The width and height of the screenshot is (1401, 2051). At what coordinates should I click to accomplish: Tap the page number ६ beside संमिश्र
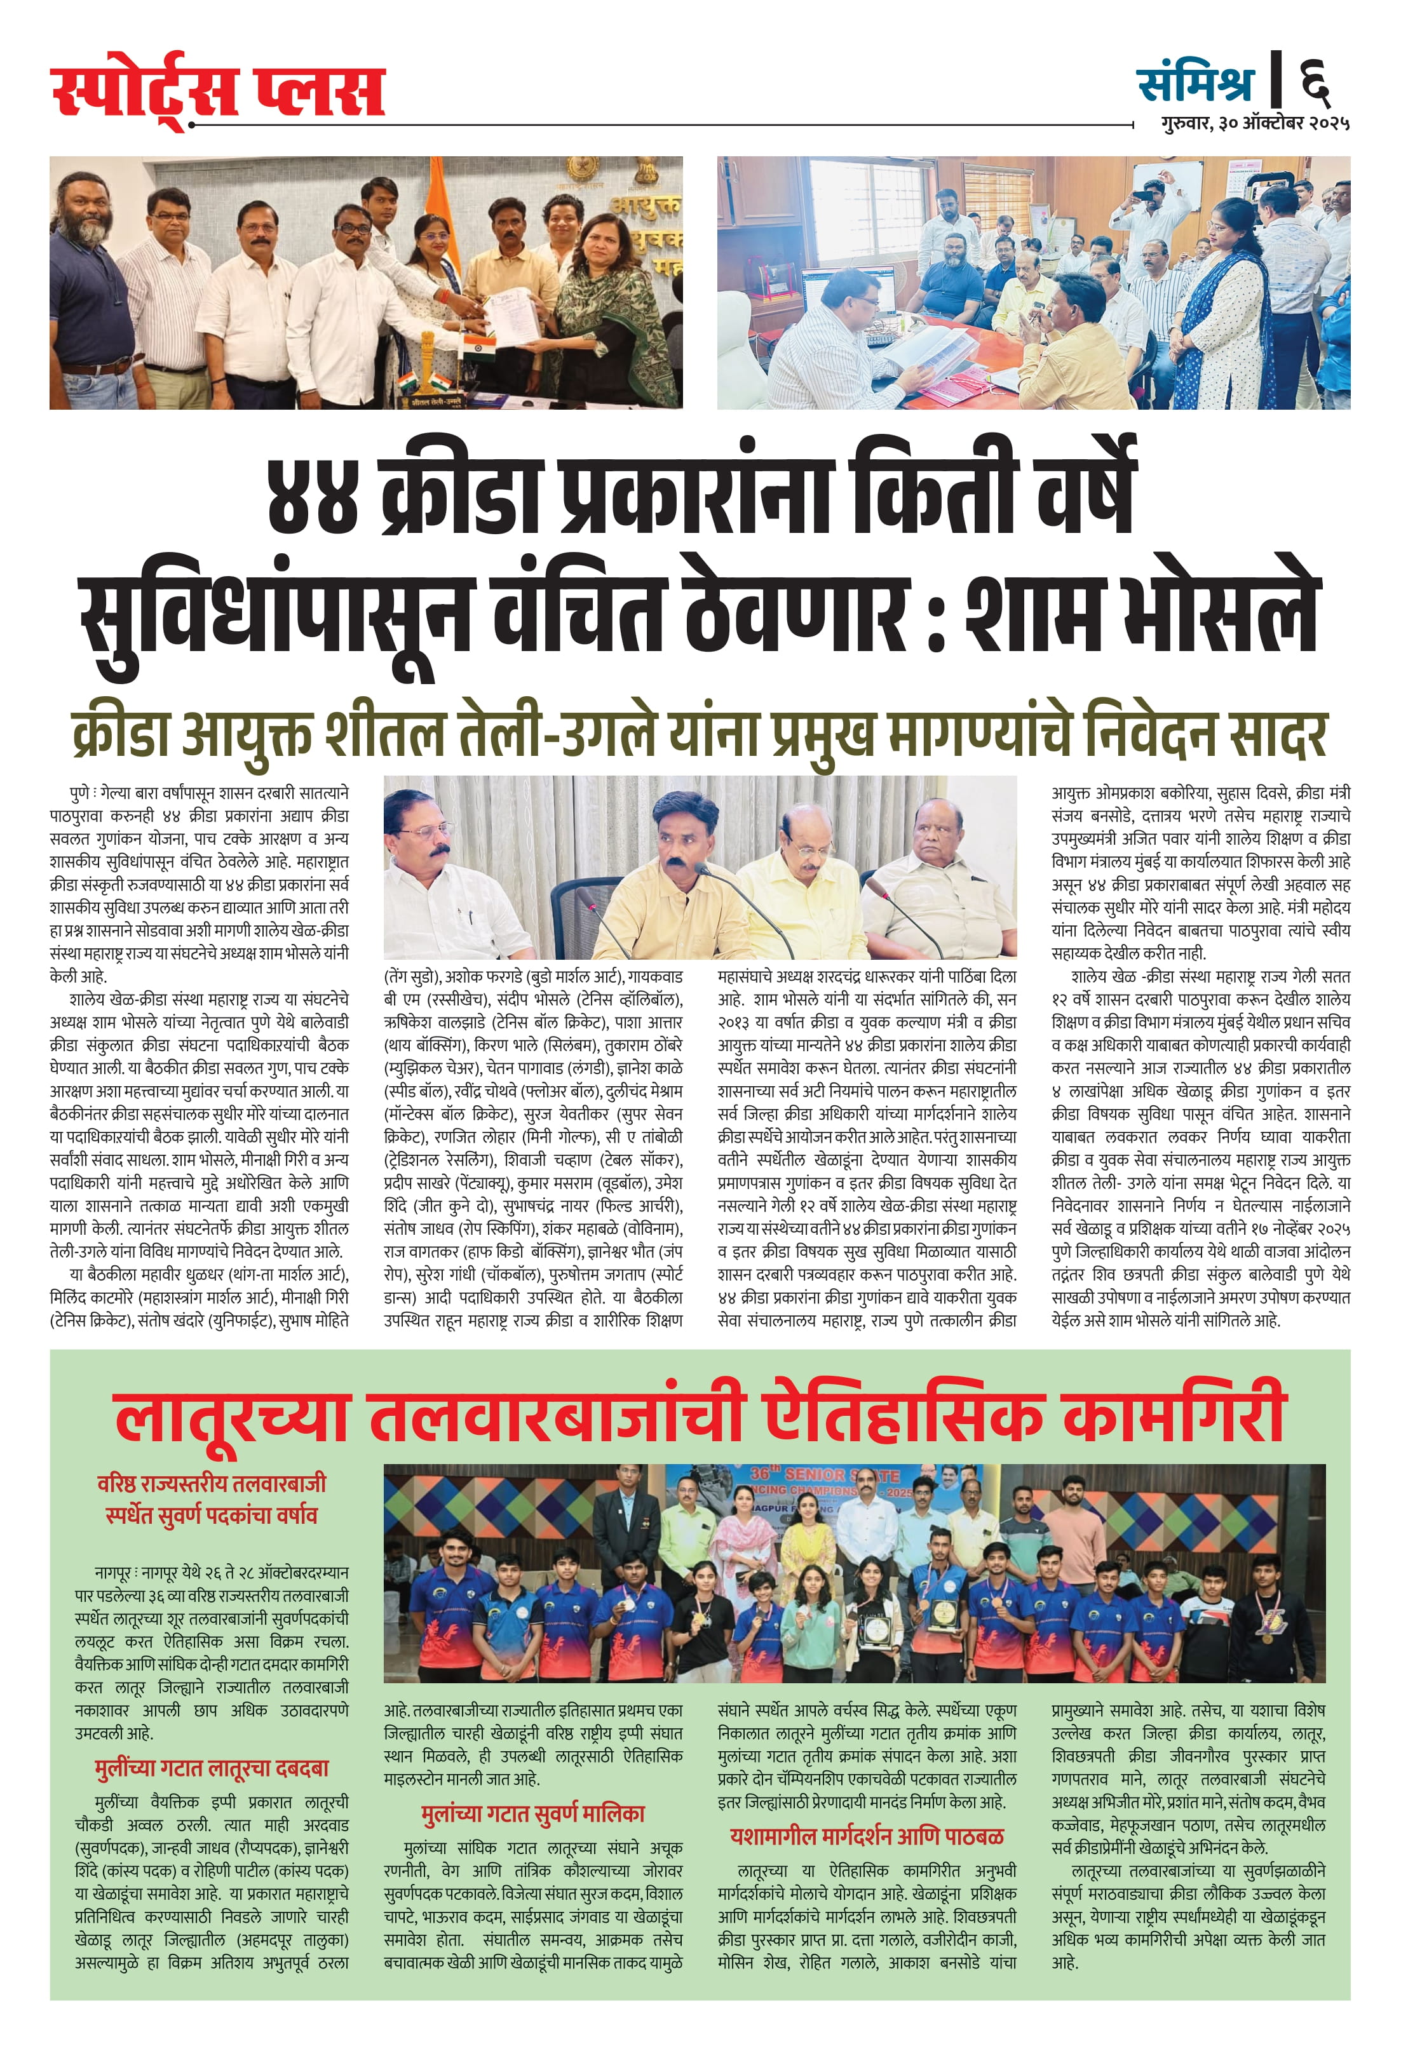pos(1315,82)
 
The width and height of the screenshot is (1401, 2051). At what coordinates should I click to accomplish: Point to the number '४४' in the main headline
pos(313,497)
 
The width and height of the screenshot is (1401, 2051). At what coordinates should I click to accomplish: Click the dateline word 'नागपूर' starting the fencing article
pos(114,1573)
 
